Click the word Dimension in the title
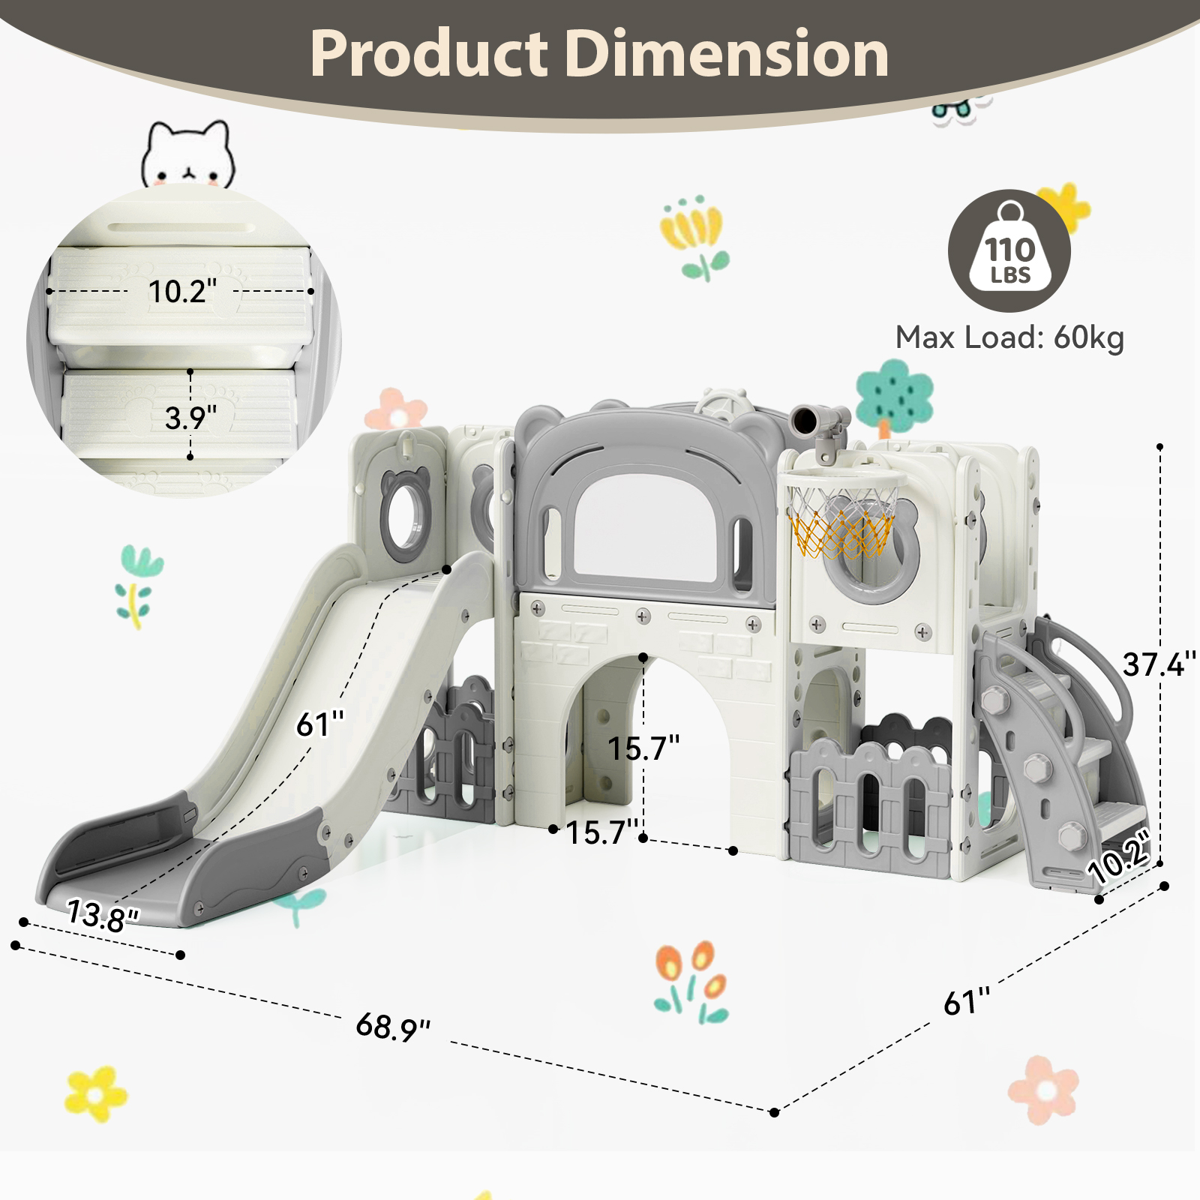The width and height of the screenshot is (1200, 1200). (x=727, y=54)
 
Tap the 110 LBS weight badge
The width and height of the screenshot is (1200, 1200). (x=1009, y=250)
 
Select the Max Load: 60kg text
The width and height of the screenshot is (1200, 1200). (x=1009, y=337)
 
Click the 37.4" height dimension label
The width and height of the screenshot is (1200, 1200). (x=1158, y=664)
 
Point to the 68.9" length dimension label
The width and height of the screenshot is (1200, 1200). (x=393, y=1026)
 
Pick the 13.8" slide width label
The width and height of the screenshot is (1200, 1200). (x=103, y=916)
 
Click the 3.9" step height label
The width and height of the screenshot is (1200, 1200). (x=190, y=418)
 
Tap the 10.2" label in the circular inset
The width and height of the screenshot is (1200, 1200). (x=182, y=292)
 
